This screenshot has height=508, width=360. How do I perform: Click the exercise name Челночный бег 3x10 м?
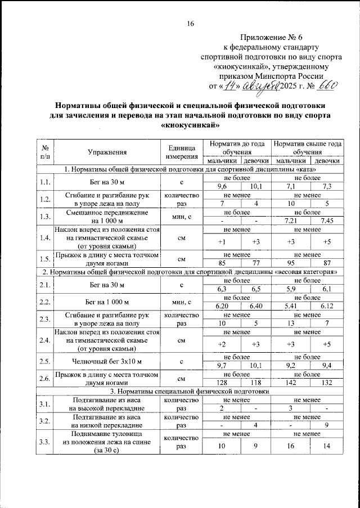(107, 361)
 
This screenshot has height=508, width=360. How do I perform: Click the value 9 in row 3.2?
(326, 425)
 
